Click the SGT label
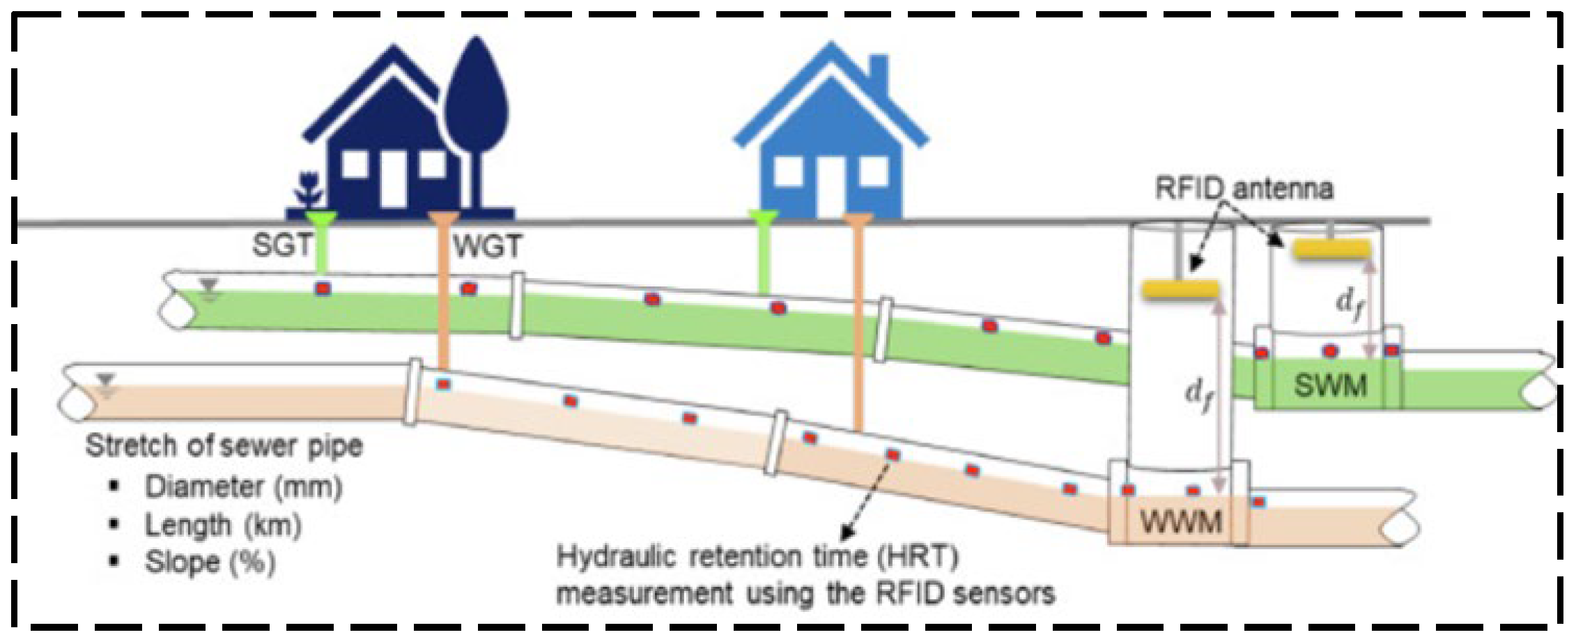point(281,245)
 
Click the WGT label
point(487,247)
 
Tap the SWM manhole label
point(1330,385)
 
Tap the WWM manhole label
point(1181,521)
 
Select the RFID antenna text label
point(1244,189)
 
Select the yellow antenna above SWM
point(1331,250)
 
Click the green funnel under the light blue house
point(762,219)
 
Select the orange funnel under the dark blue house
point(442,220)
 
